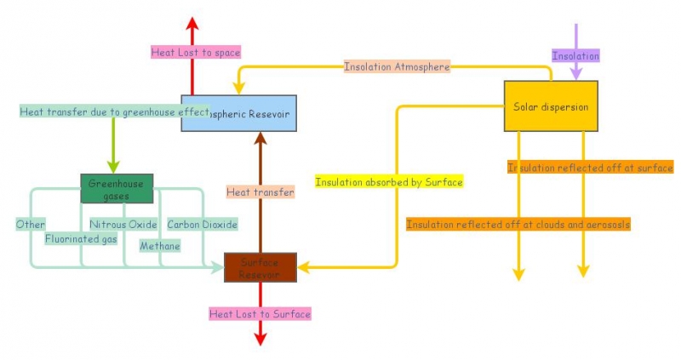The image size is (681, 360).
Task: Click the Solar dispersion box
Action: coord(551,106)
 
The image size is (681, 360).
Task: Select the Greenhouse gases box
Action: coord(117,189)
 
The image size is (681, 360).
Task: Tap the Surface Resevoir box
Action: coord(260,267)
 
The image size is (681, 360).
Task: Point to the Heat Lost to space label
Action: coord(196,53)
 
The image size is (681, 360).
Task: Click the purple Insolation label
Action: coord(576,56)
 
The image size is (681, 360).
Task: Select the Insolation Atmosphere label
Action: coord(397,66)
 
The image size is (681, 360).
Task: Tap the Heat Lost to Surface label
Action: coord(260,314)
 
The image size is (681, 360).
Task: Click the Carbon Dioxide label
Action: coord(202,225)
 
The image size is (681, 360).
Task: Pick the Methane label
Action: coord(161,246)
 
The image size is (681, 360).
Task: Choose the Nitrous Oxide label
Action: coord(123,225)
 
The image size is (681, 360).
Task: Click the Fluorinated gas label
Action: coord(81,239)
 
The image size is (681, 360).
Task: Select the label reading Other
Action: coord(31,225)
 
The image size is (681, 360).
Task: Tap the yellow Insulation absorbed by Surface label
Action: coord(389,182)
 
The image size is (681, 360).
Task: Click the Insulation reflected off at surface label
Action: coord(590,168)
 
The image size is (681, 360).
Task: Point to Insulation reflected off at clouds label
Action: coord(518,225)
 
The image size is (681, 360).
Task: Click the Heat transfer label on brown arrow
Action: coord(260,192)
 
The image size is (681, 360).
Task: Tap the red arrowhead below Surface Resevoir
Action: coord(260,338)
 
